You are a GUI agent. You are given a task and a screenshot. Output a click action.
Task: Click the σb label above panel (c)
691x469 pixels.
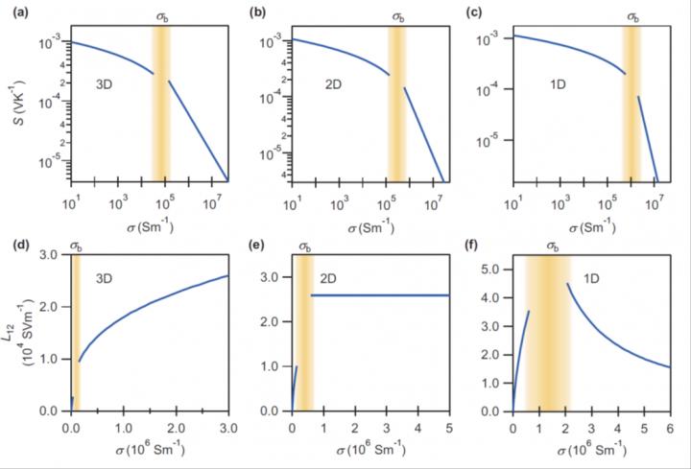632,16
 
